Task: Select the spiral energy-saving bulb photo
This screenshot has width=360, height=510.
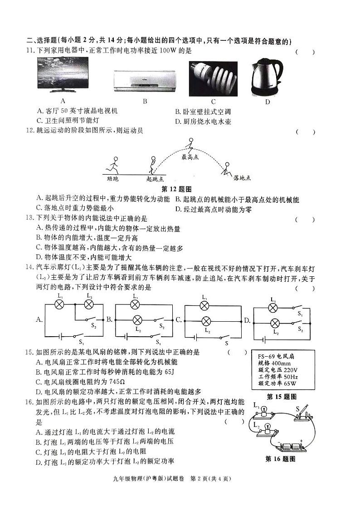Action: (x=213, y=78)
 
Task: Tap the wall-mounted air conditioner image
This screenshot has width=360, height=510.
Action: (x=145, y=80)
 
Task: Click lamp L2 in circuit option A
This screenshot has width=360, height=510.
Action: (x=88, y=304)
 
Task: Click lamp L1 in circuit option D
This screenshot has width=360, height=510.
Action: (x=273, y=308)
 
